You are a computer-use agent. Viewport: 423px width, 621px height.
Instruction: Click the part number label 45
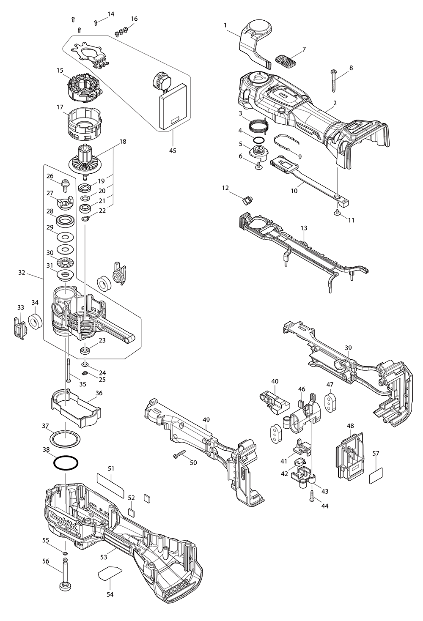click(x=173, y=150)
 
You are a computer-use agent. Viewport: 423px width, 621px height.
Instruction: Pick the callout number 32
click(x=22, y=273)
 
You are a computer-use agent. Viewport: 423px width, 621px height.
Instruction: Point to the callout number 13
click(x=304, y=228)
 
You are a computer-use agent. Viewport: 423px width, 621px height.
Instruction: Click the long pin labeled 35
click(x=68, y=370)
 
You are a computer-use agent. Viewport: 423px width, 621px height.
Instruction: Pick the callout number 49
click(x=206, y=419)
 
